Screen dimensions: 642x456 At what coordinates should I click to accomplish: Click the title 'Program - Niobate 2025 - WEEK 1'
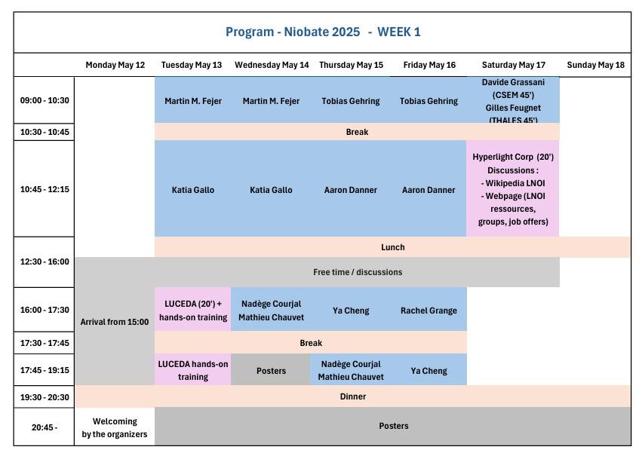(x=323, y=32)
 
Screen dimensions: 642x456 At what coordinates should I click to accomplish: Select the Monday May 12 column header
(x=115, y=65)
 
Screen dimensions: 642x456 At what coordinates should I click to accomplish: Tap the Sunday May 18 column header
(x=595, y=65)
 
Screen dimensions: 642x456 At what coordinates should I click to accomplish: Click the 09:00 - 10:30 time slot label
(x=45, y=100)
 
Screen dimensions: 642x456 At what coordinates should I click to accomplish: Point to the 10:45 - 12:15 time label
(x=45, y=189)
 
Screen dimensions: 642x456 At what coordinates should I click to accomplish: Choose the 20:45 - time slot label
(x=45, y=427)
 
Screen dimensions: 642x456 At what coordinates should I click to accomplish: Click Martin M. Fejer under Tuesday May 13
(x=193, y=101)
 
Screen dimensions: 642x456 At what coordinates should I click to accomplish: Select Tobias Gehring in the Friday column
(x=429, y=101)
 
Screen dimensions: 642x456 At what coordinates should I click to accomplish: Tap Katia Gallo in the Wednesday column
(x=271, y=190)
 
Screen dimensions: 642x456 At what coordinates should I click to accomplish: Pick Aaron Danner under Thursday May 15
(x=351, y=190)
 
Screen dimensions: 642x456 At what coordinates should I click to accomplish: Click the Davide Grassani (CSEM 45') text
(x=513, y=88)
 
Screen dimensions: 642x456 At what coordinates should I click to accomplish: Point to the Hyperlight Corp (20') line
(x=513, y=157)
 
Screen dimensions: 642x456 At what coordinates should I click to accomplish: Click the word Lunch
(x=392, y=247)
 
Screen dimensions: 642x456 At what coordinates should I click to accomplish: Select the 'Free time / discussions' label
(x=358, y=272)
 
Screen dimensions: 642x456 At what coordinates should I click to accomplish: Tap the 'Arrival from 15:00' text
(x=115, y=322)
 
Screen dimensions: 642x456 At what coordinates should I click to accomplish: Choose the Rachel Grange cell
(x=429, y=311)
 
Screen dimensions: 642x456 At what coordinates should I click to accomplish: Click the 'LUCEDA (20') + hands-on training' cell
(x=193, y=310)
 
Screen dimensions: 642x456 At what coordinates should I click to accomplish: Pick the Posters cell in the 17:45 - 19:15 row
(x=271, y=370)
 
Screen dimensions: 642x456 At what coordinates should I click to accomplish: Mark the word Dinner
(x=353, y=396)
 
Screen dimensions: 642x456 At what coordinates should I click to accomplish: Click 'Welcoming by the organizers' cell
(x=115, y=427)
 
